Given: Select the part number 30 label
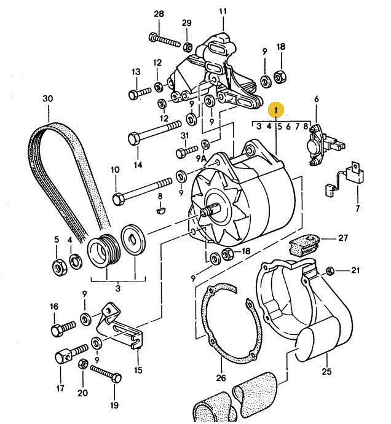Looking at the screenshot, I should pyautogui.click(x=48, y=98).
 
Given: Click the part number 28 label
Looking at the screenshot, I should pyautogui.click(x=159, y=14).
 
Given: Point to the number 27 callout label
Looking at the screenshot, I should pyautogui.click(x=342, y=237).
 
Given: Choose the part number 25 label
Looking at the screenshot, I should pyautogui.click(x=326, y=371).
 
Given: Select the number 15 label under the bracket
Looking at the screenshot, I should pyautogui.click(x=138, y=370).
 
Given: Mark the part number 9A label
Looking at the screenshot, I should pyautogui.click(x=202, y=159).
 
